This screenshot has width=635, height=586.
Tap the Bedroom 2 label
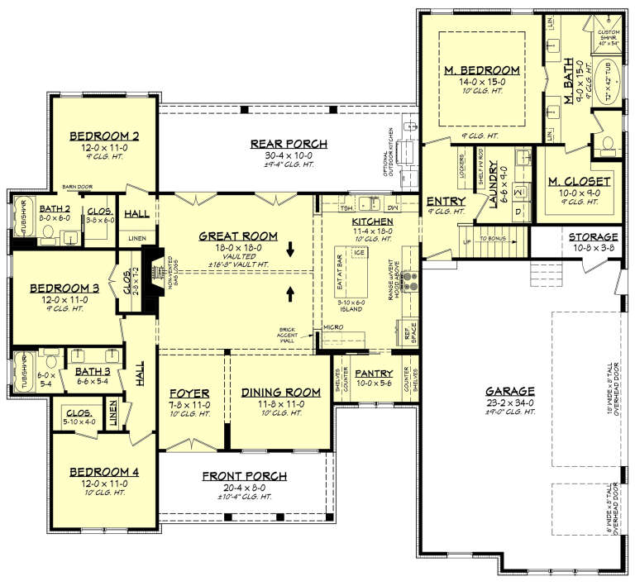(x=103, y=136)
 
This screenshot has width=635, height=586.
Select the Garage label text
(x=510, y=391)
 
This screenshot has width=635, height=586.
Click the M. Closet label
(x=579, y=181)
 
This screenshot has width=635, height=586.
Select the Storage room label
(x=593, y=236)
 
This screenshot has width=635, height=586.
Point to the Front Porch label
(x=245, y=476)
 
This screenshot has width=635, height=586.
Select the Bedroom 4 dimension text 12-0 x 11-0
(x=103, y=483)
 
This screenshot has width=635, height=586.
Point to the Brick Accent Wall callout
(x=290, y=332)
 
